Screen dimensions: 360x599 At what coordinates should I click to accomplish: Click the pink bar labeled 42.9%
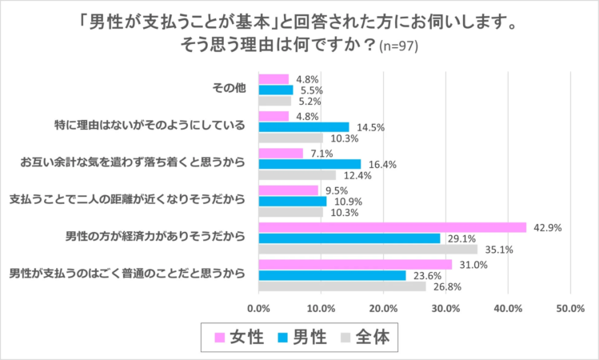point(392,227)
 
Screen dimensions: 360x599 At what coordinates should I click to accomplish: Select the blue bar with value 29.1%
point(349,238)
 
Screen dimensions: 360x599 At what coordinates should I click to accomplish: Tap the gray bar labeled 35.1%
point(367,249)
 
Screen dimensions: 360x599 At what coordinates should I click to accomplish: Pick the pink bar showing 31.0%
point(355,265)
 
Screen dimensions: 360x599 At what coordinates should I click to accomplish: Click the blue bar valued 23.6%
point(332,275)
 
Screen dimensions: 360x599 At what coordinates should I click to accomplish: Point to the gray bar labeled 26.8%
point(341,286)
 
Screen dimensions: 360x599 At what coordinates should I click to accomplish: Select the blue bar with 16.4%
point(309,164)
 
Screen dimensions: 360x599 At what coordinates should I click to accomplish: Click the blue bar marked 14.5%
point(303,126)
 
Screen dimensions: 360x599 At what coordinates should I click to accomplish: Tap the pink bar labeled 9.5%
point(288,190)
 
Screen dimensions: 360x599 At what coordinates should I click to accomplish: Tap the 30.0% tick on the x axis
point(445,307)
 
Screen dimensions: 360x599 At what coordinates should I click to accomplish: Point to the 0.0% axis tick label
point(258,307)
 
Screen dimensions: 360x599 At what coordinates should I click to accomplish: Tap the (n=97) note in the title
point(404,47)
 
